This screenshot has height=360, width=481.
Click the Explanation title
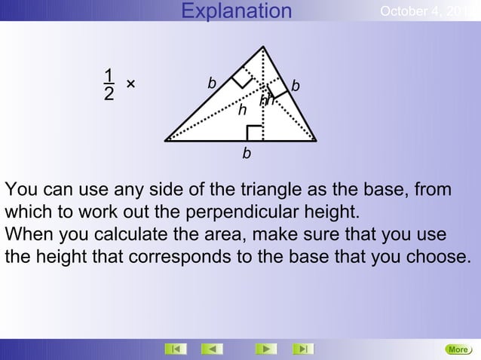click(237, 11)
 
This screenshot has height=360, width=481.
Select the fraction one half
click(110, 84)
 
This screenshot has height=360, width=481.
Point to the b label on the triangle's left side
click(212, 82)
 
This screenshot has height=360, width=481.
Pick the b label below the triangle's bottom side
click(247, 154)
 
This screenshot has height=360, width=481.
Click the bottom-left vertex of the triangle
click(165, 140)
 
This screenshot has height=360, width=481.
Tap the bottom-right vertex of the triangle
click(316, 140)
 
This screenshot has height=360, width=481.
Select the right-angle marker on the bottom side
click(255, 133)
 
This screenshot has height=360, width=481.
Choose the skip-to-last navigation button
click(303, 349)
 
